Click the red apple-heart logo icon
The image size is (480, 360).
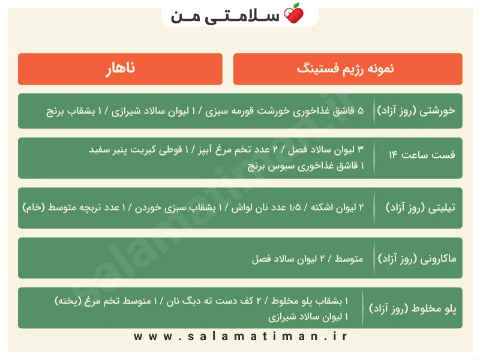(293, 13)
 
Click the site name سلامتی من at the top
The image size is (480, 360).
(226, 16)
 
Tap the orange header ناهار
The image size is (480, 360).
(121, 69)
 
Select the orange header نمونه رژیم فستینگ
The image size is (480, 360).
(348, 69)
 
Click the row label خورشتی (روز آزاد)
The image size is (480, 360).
(416, 110)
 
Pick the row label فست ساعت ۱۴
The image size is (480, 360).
(422, 155)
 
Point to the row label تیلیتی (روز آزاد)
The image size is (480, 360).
(421, 208)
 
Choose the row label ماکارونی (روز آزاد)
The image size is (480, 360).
(417, 259)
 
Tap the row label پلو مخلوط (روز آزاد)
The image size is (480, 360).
(413, 308)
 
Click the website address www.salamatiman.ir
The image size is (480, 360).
(241, 337)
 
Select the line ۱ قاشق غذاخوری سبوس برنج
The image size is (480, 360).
(306, 166)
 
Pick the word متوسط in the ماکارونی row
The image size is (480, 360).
(349, 259)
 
